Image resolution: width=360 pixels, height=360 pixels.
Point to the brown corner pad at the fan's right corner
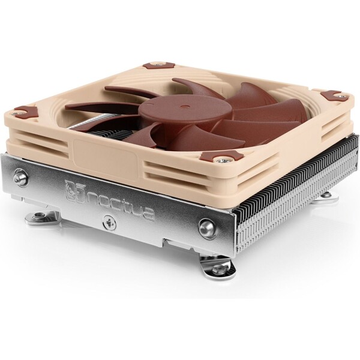[x=331, y=95]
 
